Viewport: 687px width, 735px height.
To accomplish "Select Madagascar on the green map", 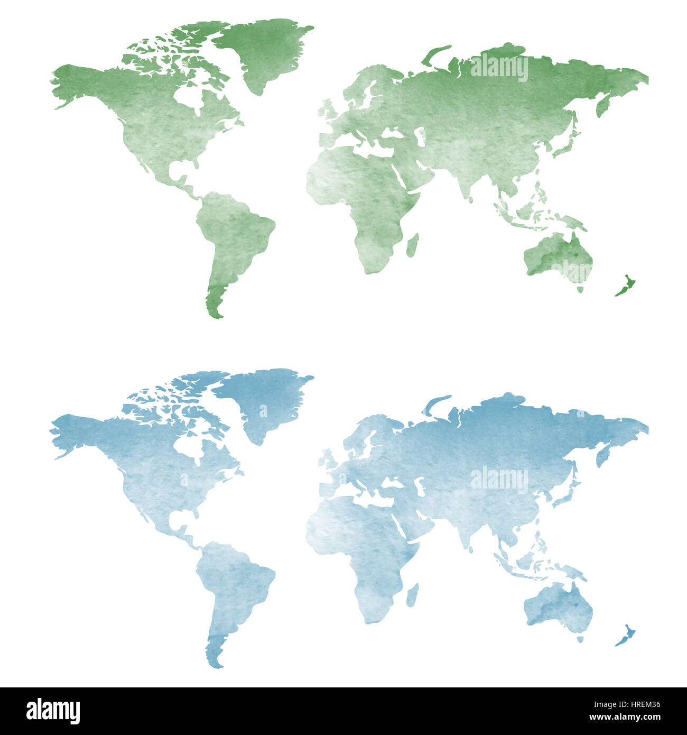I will [413, 245].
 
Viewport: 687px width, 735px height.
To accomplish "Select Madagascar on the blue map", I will [413, 595].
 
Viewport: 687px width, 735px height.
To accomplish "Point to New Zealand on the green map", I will [626, 286].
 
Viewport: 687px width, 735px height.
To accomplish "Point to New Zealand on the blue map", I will [626, 636].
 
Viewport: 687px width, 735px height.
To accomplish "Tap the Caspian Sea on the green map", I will [421, 137].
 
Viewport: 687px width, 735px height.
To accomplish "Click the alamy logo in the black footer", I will [53, 711].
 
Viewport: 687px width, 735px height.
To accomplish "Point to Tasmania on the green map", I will [580, 289].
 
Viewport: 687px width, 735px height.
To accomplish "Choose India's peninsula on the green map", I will [465, 182].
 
